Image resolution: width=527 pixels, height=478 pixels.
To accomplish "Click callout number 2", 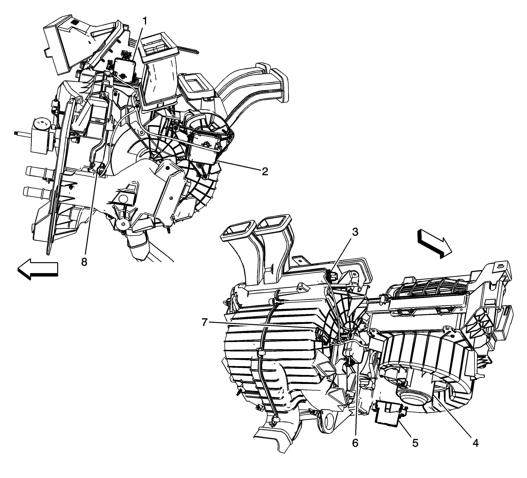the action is [x=265, y=172].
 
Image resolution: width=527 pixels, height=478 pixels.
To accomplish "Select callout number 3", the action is [x=355, y=232].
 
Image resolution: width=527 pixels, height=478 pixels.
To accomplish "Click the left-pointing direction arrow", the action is [x=38, y=269].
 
